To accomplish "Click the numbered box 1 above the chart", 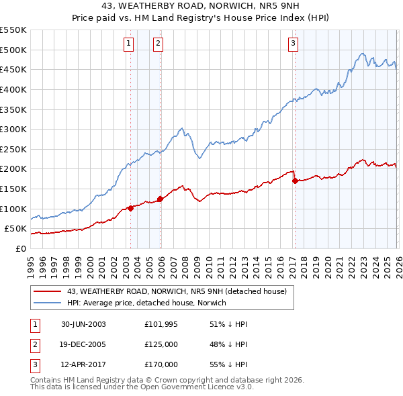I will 128,44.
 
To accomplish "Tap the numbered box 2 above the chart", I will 158,44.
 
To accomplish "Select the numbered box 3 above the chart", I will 294,44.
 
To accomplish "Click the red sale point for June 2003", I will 130,208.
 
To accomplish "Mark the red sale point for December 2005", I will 160,199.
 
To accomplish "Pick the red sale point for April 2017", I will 295,181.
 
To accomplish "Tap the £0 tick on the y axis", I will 20,248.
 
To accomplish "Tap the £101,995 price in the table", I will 161,324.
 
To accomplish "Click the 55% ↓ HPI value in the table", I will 229,364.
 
